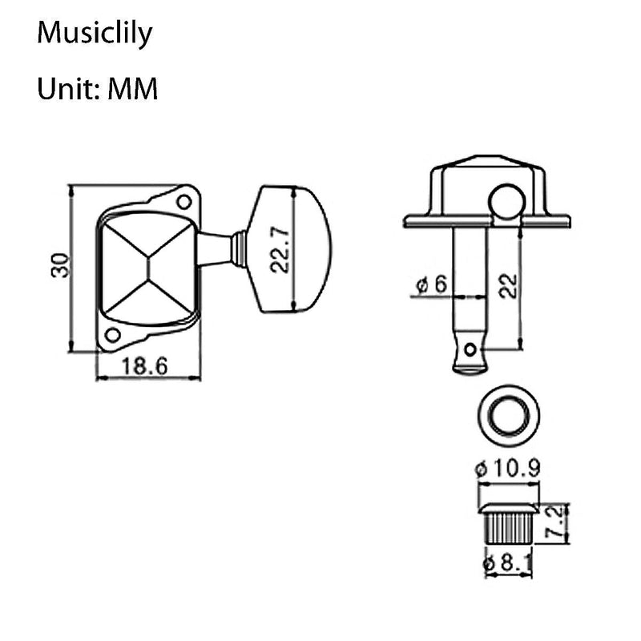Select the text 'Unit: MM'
click(98, 89)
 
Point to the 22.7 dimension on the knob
click(278, 249)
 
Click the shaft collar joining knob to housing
click(238, 248)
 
